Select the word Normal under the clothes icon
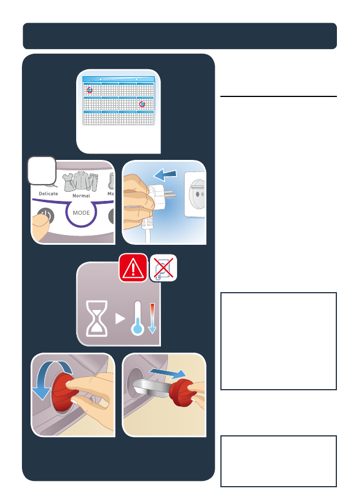pos(81,196)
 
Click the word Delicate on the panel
pos(48,193)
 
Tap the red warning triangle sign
pos(133,267)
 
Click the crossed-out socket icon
pos(163,267)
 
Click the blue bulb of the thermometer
pos(137,329)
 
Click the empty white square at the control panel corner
pos(42,171)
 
